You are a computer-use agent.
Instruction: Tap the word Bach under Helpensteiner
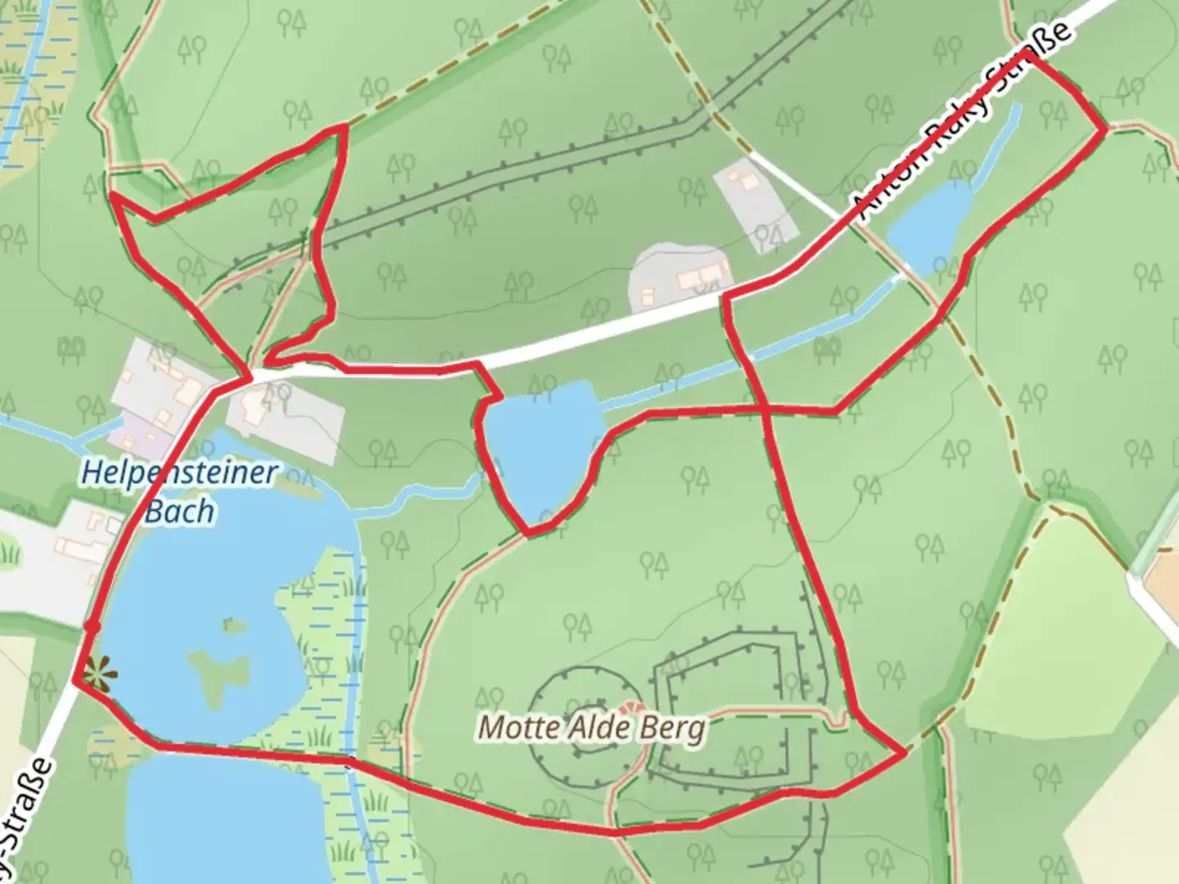point(179,511)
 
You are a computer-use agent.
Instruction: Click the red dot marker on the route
point(93,626)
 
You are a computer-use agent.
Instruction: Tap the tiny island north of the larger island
point(235,626)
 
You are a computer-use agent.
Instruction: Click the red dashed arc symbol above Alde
point(630,707)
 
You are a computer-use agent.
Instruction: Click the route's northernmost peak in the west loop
point(345,127)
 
